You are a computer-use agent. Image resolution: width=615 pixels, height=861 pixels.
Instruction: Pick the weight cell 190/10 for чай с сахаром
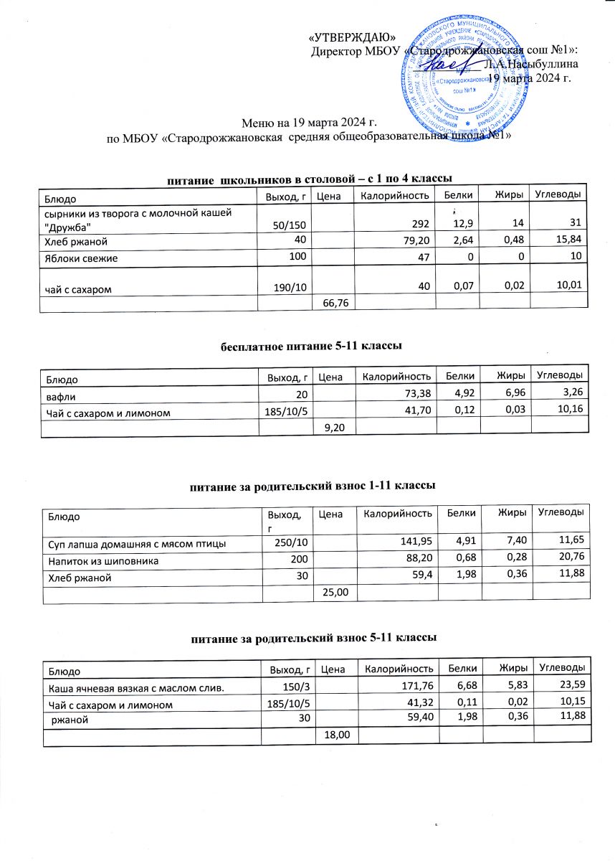tap(292, 288)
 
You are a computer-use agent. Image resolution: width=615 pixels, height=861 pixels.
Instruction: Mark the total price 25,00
tap(336, 592)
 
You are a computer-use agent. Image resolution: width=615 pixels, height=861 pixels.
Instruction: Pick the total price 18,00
tap(336, 737)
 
